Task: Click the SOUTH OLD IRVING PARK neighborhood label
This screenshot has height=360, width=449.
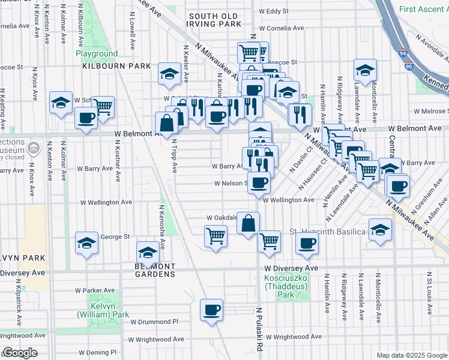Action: (x=214, y=20)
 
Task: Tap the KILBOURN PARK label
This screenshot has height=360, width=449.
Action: (x=118, y=65)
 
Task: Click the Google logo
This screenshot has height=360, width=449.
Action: (x=19, y=353)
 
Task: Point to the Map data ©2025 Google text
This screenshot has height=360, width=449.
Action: (x=411, y=355)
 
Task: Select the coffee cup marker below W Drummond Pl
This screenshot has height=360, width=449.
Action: (x=211, y=310)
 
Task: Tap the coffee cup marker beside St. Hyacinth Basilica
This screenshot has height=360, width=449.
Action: (x=307, y=243)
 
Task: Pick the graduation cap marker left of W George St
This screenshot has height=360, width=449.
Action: (x=86, y=244)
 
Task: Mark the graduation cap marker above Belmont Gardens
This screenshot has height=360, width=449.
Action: (x=148, y=251)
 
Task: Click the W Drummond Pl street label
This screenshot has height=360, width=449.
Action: (x=154, y=322)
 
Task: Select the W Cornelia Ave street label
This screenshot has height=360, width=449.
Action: (x=279, y=28)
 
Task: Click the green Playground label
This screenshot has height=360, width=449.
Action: (x=97, y=53)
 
